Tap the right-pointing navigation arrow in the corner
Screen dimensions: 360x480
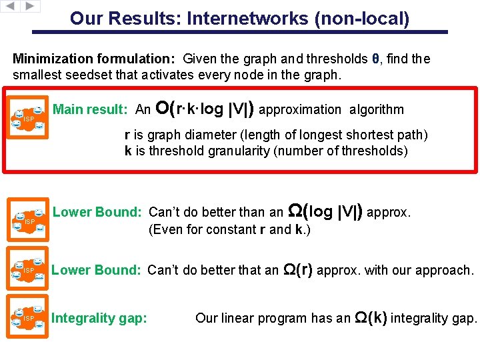pyautogui.click(x=31, y=6)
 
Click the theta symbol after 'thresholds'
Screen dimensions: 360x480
pyautogui.click(x=376, y=59)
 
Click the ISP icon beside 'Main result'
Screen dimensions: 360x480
pyautogui.click(x=29, y=118)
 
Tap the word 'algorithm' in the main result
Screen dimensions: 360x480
pyautogui.click(x=376, y=109)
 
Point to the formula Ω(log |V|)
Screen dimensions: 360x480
pyautogui.click(x=325, y=212)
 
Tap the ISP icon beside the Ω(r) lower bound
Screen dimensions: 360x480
pyautogui.click(x=29, y=270)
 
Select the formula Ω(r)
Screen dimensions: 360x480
pyautogui.click(x=298, y=270)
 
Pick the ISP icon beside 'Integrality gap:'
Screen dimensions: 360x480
pyautogui.click(x=29, y=318)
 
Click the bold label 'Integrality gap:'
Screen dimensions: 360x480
pyautogui.click(x=99, y=319)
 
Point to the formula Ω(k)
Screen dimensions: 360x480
pyautogui.click(x=371, y=318)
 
